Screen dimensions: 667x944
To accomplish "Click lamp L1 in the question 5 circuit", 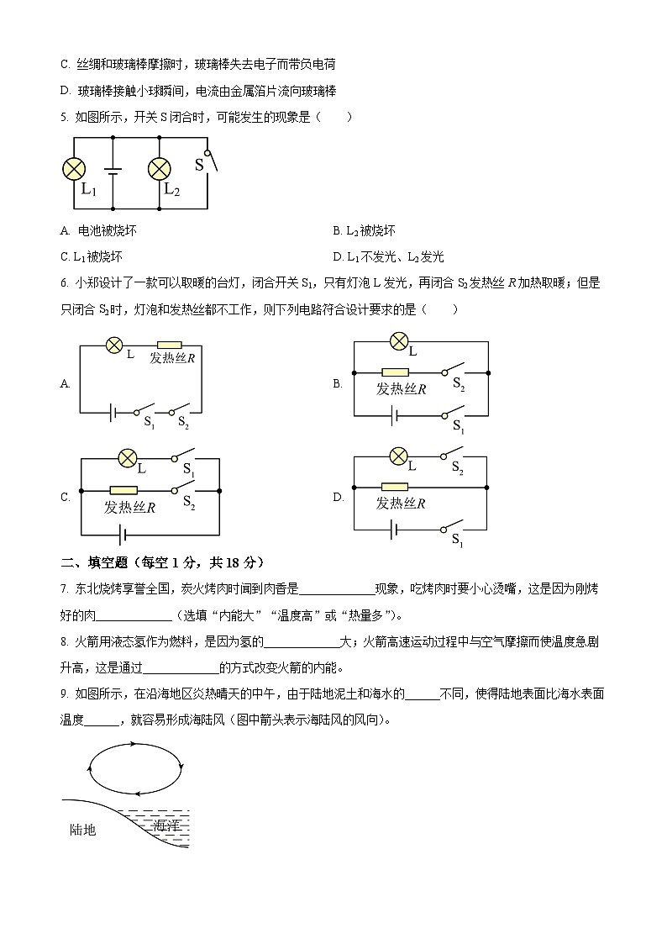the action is click(75, 170).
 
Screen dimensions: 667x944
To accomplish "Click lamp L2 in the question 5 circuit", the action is click(159, 170).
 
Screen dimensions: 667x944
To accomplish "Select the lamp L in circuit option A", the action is click(115, 344).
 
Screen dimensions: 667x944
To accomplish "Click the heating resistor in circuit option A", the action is click(170, 345).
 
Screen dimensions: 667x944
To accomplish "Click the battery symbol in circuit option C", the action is click(124, 533).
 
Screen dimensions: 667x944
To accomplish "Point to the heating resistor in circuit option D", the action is click(395, 487).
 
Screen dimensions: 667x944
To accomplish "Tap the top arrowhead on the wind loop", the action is click(133, 745).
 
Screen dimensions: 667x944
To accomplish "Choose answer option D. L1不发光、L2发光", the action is click(388, 257).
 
